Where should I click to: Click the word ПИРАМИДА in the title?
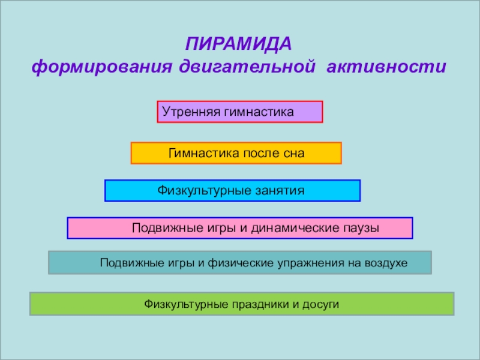click(238, 44)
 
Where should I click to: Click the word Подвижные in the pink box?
click(160, 228)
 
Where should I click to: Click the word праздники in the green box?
click(257, 304)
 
